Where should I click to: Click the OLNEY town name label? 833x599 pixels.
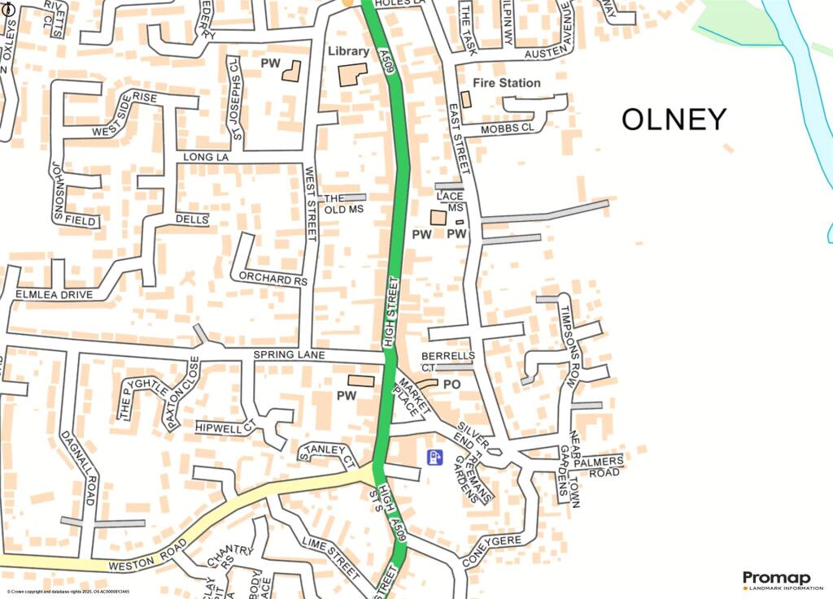click(x=674, y=120)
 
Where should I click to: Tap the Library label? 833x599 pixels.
click(x=348, y=51)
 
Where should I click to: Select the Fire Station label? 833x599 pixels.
click(x=506, y=83)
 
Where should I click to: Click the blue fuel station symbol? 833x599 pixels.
click(x=434, y=458)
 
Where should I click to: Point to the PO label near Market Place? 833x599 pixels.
click(x=451, y=384)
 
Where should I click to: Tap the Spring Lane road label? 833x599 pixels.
click(x=289, y=356)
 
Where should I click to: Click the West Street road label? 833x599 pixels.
click(x=309, y=203)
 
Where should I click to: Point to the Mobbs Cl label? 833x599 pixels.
click(x=507, y=128)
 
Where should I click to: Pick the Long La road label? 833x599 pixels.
click(x=203, y=157)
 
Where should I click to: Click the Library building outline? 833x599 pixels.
click(x=353, y=75)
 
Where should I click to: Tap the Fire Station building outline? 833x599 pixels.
click(x=466, y=99)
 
